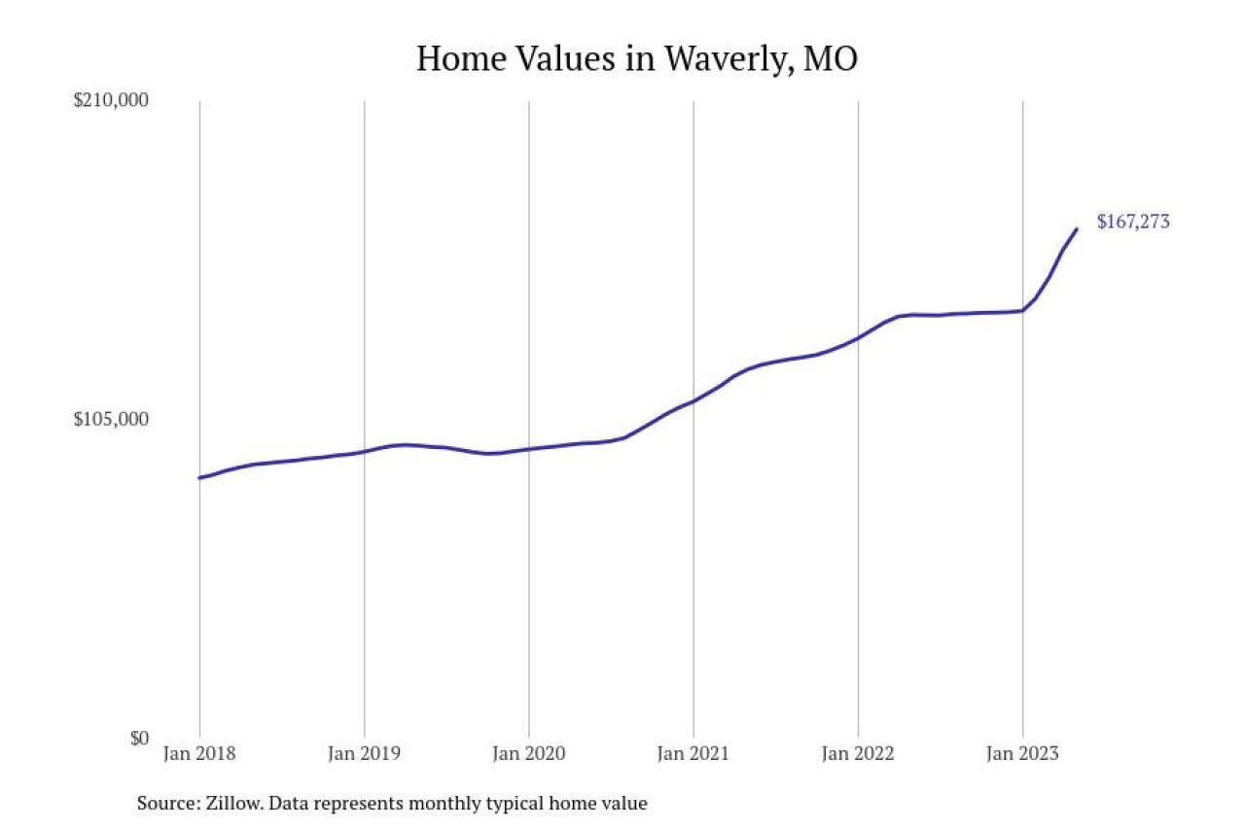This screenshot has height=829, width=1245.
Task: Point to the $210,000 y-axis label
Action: (111, 101)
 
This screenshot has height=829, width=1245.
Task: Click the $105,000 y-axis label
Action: (111, 420)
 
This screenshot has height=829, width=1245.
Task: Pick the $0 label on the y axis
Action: (139, 739)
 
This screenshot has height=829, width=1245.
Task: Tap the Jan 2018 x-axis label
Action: (199, 754)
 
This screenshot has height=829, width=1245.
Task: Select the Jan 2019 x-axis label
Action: (364, 754)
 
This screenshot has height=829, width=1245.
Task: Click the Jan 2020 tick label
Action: (528, 754)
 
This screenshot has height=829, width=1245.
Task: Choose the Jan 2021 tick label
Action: (694, 754)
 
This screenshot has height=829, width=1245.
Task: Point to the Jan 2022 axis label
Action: (858, 754)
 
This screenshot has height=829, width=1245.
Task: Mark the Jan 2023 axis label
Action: (1022, 754)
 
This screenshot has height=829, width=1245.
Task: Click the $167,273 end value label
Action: (1133, 222)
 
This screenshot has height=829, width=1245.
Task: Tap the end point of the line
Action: (1077, 229)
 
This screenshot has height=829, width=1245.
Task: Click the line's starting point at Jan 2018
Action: (199, 477)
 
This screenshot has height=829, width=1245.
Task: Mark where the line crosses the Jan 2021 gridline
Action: (694, 400)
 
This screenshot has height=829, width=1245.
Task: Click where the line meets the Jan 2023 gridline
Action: (1022, 311)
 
